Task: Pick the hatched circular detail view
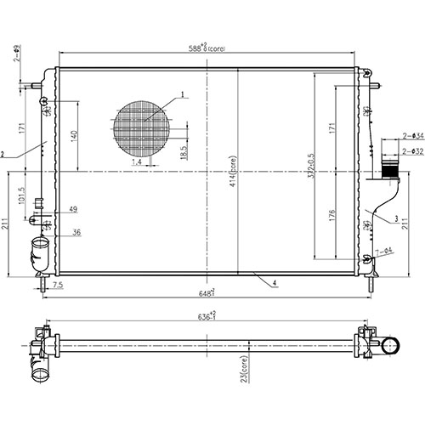tap(141, 130)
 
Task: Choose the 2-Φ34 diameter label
tap(413, 135)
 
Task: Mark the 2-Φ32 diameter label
tap(413, 151)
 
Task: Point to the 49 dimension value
tap(74, 209)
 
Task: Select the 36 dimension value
tap(76, 232)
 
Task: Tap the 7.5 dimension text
tap(57, 286)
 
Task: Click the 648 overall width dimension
tap(207, 292)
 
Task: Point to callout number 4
tap(276, 281)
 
